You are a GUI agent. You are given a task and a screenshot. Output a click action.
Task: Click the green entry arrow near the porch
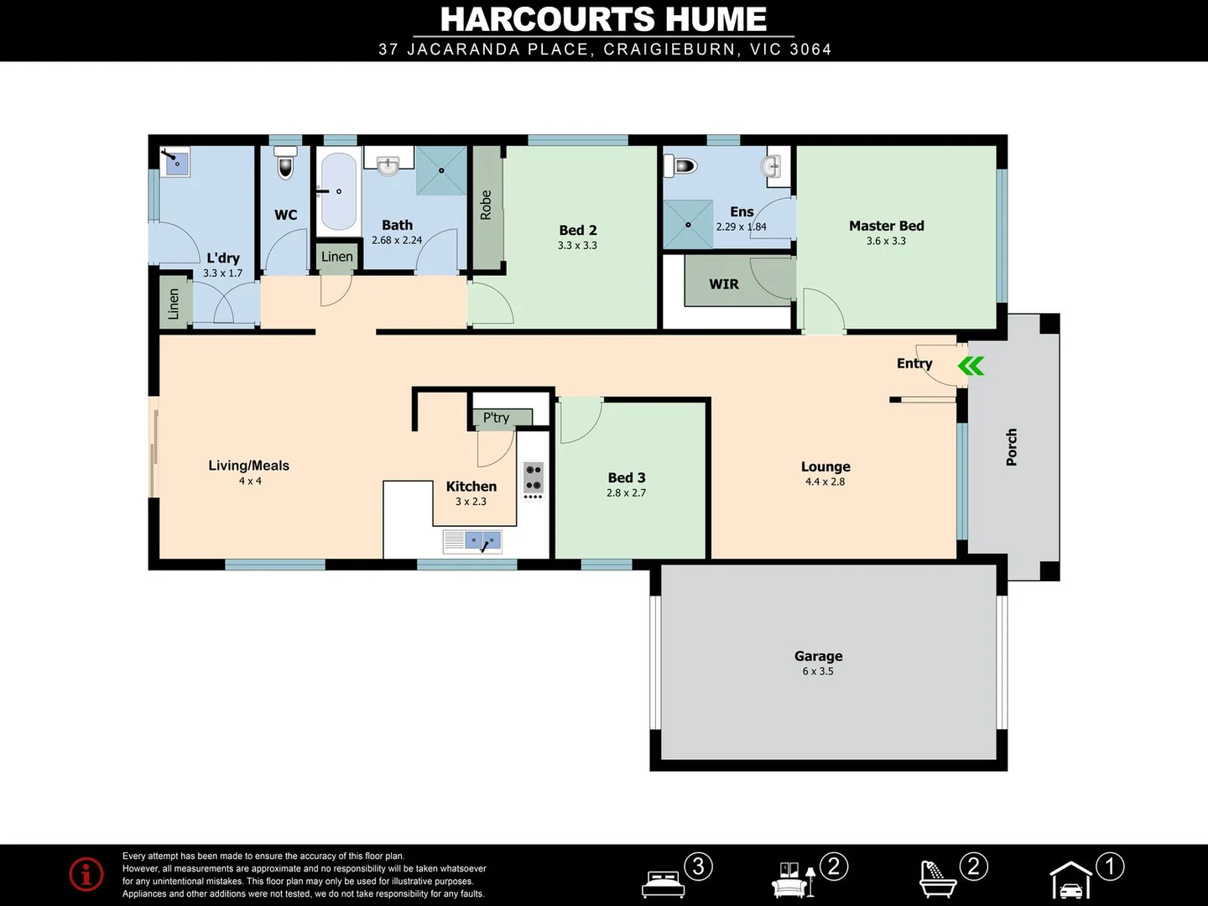971,366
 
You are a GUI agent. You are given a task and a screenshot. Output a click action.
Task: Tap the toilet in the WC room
286,162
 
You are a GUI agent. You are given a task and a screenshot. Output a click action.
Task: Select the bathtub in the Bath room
338,192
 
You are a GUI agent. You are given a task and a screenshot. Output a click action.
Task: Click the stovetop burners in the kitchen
534,478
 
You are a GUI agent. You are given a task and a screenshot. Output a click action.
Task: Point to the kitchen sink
471,541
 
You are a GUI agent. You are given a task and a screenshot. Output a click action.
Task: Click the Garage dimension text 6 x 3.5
818,671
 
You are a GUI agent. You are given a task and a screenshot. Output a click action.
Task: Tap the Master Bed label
886,226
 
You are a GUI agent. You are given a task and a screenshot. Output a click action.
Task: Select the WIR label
724,284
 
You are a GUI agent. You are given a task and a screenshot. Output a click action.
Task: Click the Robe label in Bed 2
486,205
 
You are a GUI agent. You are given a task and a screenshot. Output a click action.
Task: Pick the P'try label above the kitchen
496,417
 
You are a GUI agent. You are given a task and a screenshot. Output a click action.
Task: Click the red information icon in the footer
86,874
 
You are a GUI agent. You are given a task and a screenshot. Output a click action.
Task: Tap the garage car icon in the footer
1071,881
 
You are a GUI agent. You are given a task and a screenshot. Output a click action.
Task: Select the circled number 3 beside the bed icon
698,866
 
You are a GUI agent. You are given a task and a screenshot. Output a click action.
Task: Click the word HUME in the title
717,19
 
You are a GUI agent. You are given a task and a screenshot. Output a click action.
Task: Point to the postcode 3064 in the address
810,49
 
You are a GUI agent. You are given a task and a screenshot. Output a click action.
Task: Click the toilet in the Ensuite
680,165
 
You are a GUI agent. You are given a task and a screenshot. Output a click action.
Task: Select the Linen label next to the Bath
336,257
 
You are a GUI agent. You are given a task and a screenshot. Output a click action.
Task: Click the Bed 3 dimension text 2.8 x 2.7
627,493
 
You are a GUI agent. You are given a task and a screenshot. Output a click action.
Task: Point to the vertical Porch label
1012,447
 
